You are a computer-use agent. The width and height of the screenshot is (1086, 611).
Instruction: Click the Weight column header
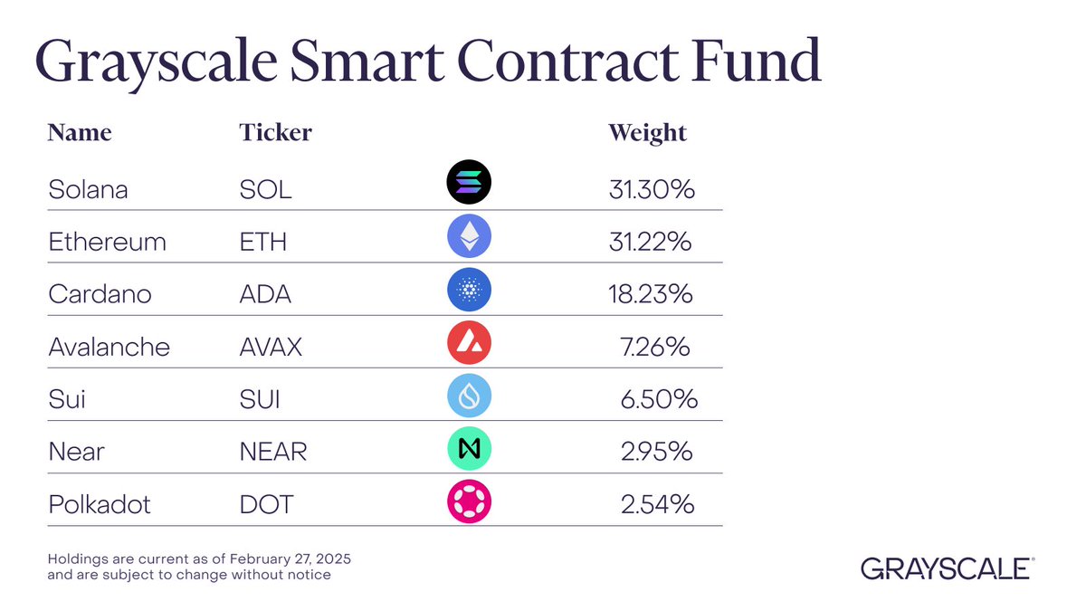coord(647,133)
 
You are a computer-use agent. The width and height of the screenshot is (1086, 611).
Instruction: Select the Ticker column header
coord(275,132)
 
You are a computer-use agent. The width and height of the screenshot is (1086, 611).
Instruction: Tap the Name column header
coord(80,132)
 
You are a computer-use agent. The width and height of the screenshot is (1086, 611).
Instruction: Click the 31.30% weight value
coord(651,190)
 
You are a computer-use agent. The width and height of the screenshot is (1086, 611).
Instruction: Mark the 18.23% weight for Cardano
coord(651,295)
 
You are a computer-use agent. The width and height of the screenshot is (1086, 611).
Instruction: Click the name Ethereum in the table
coord(107,243)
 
